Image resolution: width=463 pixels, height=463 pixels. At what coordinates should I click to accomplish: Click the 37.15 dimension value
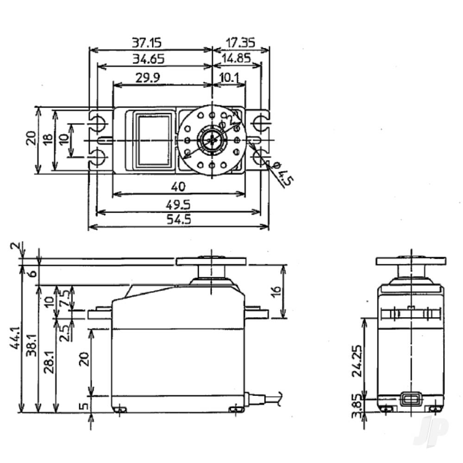pyautogui.click(x=147, y=43)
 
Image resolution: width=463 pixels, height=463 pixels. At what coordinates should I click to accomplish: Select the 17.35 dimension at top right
pyautogui.click(x=240, y=43)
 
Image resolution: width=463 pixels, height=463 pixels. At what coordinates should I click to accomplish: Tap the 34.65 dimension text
pyautogui.click(x=148, y=59)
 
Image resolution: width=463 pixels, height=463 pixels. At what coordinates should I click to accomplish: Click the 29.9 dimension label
pyautogui.click(x=148, y=78)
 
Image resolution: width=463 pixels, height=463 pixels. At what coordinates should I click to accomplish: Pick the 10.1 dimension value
pyautogui.click(x=230, y=78)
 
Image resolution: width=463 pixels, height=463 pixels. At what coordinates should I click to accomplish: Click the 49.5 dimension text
pyautogui.click(x=178, y=204)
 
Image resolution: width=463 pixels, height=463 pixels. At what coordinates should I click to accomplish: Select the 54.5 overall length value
pyautogui.click(x=178, y=219)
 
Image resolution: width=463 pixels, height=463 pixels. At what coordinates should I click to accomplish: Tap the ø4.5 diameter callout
pyautogui.click(x=281, y=174)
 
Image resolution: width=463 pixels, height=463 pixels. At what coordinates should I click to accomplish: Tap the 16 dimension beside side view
pyautogui.click(x=275, y=292)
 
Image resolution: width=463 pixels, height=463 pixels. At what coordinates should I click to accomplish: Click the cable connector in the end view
pyautogui.click(x=410, y=399)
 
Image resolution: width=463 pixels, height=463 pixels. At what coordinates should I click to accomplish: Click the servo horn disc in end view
pyautogui.click(x=411, y=261)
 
